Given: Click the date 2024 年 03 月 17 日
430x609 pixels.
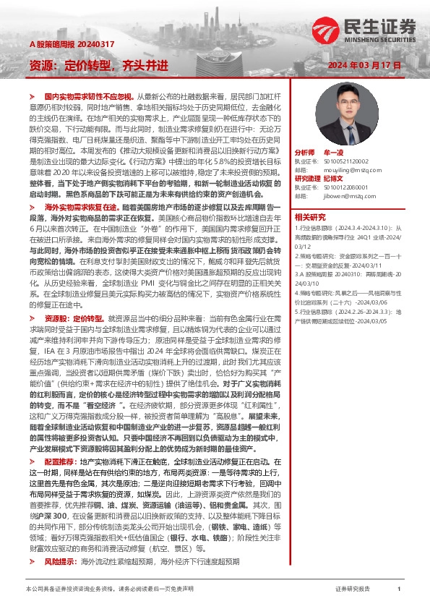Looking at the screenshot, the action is coord(364,65).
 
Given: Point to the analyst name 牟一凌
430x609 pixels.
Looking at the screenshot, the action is coord(333,153).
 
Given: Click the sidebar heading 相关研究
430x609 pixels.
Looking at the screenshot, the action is coord(309,217).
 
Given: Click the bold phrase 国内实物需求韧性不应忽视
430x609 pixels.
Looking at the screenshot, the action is coord(89,96).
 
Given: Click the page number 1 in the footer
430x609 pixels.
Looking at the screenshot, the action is coord(399,590).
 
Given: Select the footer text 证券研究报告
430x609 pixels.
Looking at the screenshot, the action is coord(353,590).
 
